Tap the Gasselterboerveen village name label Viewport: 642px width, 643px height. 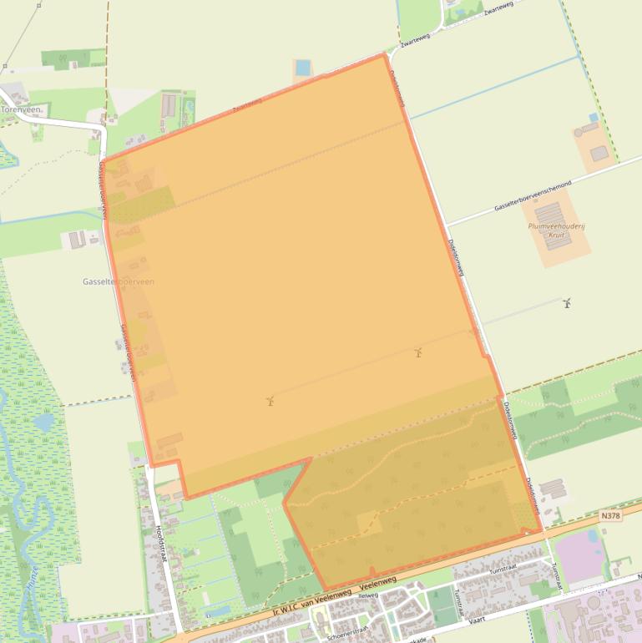[118, 282]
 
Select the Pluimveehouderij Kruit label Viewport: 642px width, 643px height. [547, 230]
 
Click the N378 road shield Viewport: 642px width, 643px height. [611, 516]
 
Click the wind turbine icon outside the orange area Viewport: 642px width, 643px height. [567, 302]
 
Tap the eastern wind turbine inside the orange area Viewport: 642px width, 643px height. [418, 352]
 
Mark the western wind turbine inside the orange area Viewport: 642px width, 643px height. [270, 401]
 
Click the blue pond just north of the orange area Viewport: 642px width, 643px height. [302, 67]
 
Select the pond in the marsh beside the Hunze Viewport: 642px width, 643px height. [42, 423]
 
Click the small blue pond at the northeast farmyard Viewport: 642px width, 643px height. [593, 118]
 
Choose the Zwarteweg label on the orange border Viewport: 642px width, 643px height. [248, 104]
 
